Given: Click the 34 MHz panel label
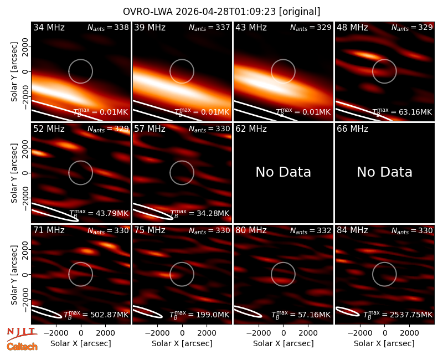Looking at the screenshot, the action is coord(49,27).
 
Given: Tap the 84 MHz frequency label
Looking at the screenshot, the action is coord(352,230).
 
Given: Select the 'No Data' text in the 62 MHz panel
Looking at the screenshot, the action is coord(284,172).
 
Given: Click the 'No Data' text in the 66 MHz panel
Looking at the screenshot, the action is coord(384,172).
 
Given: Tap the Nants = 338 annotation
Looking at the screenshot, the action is coord(108,27).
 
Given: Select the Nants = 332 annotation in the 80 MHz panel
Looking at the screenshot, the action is coord(311,230).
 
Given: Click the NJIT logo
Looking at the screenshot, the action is coord(22,333).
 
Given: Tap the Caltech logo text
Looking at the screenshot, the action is coord(22,347).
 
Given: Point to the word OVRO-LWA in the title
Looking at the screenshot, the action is coord(148,12).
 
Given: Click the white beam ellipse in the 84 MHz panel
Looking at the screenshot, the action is coord(347,311).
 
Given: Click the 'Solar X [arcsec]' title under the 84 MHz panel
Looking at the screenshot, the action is coord(384,343).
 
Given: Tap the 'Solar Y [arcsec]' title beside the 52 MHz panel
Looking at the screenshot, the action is coord(14,173).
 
